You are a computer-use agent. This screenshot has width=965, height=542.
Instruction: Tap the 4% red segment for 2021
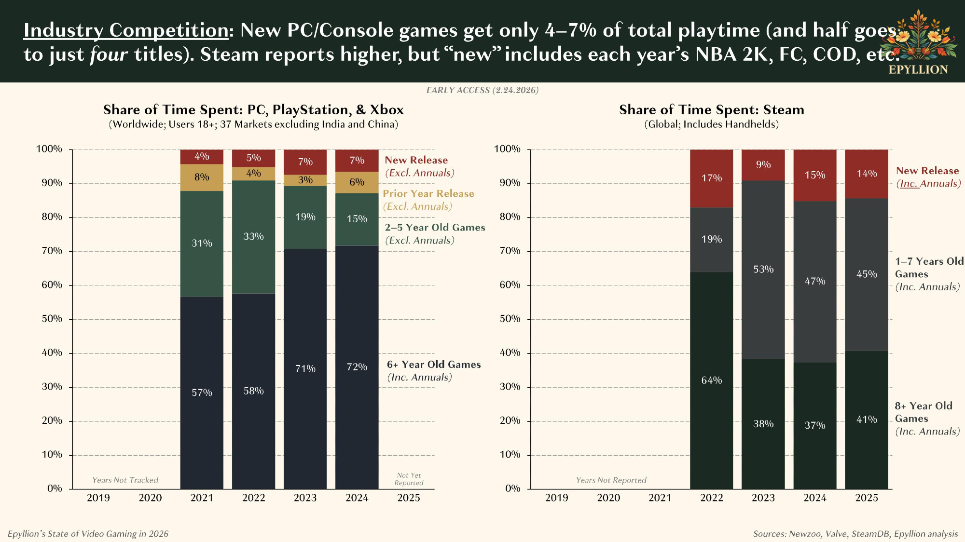202,157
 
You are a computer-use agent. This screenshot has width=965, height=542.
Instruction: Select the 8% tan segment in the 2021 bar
202,177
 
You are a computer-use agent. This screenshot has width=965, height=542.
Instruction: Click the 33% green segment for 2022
253,237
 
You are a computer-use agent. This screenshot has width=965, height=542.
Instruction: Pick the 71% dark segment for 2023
305,369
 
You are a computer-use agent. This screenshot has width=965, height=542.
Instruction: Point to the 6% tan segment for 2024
357,182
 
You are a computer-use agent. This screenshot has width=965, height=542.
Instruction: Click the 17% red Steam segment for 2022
711,178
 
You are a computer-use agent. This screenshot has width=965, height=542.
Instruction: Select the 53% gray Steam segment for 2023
763,270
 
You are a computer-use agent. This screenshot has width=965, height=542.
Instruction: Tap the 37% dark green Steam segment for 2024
814,425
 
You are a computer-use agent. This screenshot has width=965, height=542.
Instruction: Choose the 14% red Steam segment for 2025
866,174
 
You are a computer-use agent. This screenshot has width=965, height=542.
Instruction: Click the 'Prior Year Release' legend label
428,194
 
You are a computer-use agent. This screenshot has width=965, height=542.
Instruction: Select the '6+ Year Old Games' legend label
434,365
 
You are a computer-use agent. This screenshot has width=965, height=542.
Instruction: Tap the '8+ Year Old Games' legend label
924,406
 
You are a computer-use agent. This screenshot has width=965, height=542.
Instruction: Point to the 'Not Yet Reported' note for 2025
409,479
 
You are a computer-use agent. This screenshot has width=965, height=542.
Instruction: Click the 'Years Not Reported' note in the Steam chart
611,480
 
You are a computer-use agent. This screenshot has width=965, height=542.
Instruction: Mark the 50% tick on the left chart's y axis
52,319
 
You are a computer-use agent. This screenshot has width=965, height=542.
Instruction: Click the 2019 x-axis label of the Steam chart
556,498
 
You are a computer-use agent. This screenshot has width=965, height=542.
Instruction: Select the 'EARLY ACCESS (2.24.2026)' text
482,90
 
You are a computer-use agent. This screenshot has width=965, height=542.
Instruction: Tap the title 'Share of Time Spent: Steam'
711,110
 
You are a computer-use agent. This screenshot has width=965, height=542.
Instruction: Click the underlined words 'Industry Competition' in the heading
126,30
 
